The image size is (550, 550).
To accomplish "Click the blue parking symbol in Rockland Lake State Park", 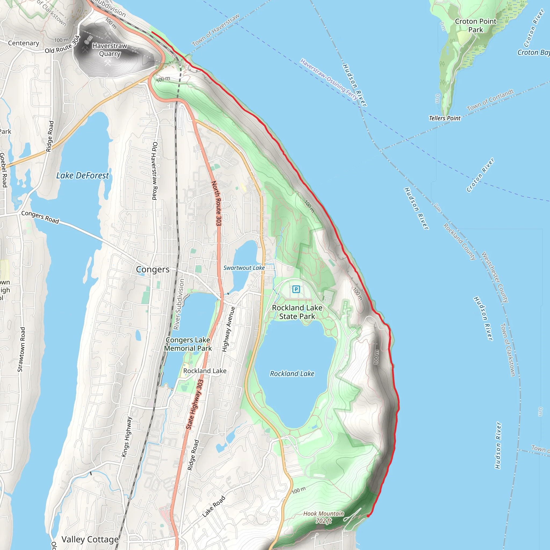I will pos(296,289).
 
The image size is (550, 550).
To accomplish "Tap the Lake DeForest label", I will pos(82,176).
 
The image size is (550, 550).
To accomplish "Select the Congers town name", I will pos(153,269).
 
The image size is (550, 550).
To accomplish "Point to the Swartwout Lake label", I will pos(244,268).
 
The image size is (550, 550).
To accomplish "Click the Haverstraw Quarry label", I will pos(110,50).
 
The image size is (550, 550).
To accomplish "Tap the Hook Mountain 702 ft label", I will pos(324,517).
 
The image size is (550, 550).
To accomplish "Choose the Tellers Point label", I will pos(444,118).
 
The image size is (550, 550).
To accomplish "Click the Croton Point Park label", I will pos(475,26).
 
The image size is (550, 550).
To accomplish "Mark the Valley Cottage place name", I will pos(90,540).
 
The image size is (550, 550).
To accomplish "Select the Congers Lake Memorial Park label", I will pos(188,344).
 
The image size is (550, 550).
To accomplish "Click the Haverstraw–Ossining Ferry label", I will pos(329,79).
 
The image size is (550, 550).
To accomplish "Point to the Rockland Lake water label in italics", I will pos(292,374).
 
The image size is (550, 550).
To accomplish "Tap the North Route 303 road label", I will pos(217,203).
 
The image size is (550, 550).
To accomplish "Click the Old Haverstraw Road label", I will pos(155,171).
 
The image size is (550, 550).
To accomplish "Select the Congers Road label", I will pos(40,217).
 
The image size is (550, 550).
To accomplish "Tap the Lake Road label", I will pos(214,506).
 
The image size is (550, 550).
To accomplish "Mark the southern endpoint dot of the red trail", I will pos(368,516).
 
